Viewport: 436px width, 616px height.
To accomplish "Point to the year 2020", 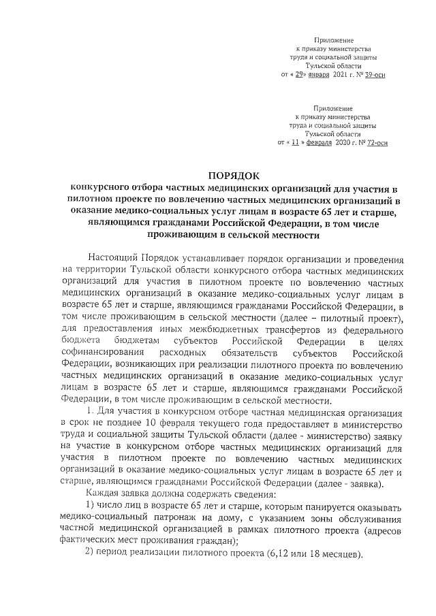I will pos(343,143).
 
